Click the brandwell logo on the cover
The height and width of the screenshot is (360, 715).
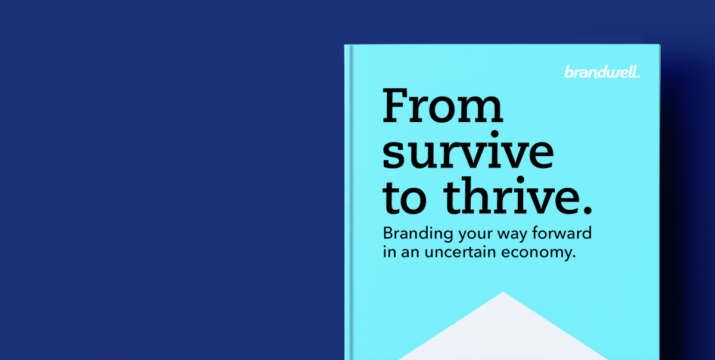click(x=602, y=72)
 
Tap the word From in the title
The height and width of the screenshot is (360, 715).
click(x=443, y=105)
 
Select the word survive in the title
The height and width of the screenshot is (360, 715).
click(x=468, y=150)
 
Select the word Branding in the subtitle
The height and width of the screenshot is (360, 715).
click(x=418, y=234)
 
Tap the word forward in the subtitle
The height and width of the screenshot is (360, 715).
click(x=562, y=233)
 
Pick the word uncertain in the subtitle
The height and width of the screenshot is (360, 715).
click(x=460, y=252)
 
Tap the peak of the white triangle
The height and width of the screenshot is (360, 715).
click(x=503, y=292)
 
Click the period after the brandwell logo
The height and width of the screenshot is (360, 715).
click(x=638, y=76)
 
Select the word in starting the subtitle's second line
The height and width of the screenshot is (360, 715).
click(x=390, y=252)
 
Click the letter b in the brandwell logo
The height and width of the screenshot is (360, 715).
click(x=569, y=72)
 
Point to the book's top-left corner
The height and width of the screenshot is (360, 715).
click(x=345, y=45)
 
